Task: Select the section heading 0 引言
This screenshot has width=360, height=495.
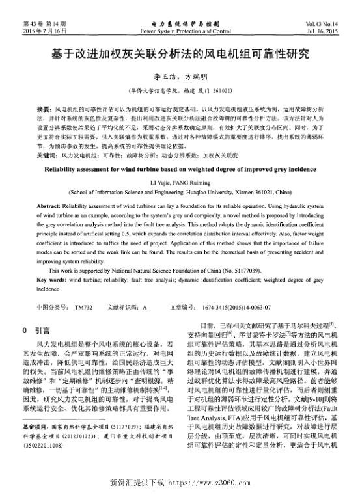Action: tap(40, 330)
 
